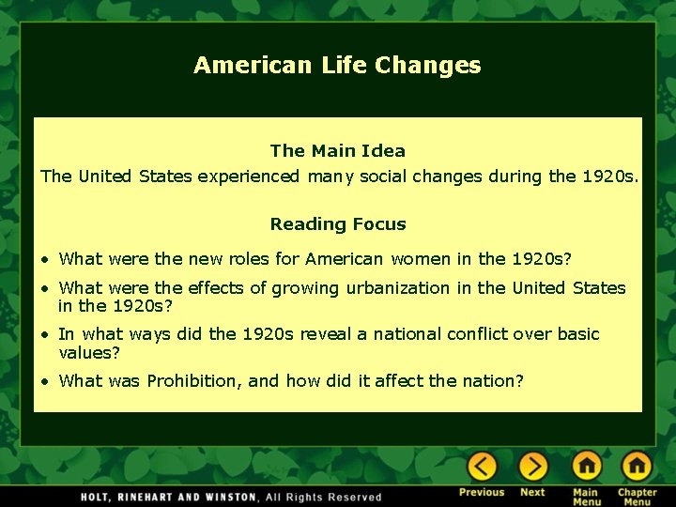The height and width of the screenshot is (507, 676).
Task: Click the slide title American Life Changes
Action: (337, 65)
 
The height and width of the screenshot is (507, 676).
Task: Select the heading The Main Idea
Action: (337, 150)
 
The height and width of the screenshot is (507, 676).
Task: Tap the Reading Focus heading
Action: (337, 223)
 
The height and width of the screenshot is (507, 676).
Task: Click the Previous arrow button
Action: (482, 467)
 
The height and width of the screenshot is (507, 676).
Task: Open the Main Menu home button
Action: (586, 467)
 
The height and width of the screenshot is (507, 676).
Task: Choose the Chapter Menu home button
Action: (637, 467)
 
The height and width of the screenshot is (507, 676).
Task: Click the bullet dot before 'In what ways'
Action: (44, 335)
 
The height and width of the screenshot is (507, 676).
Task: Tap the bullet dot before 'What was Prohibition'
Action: (44, 381)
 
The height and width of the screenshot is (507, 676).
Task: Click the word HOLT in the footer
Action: (96, 497)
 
